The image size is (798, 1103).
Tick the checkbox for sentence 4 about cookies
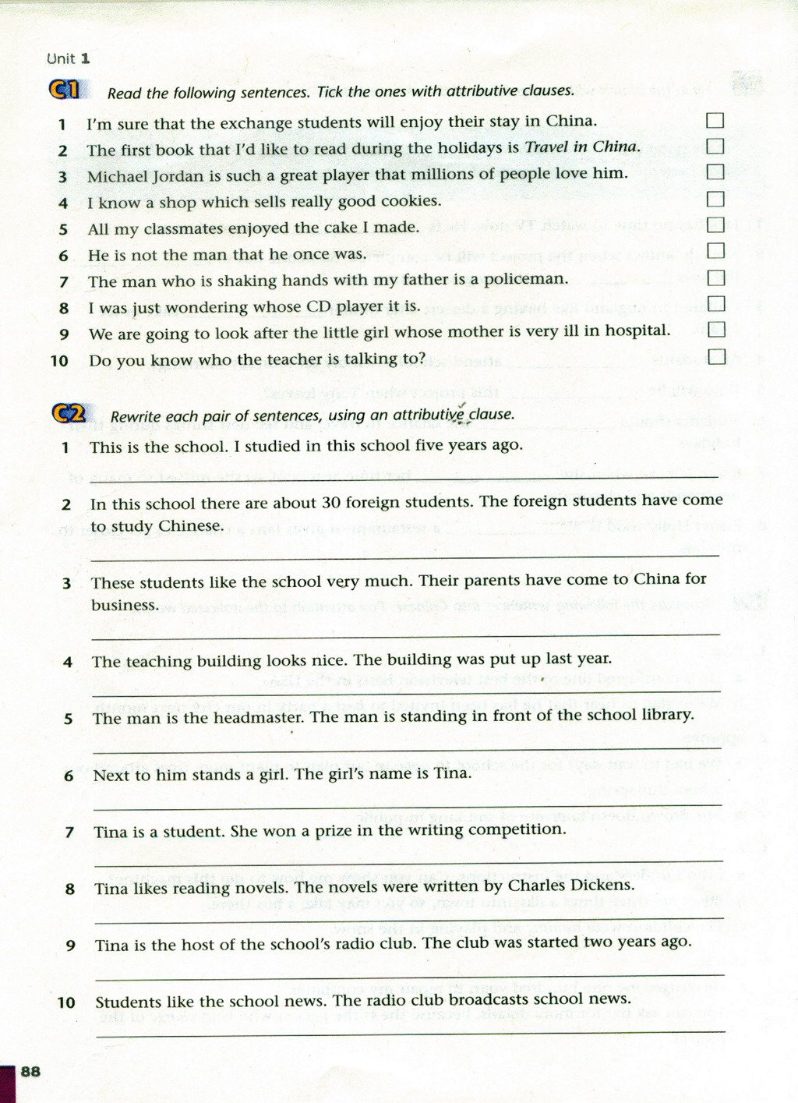[x=715, y=199]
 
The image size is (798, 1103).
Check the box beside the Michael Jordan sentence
[x=715, y=172]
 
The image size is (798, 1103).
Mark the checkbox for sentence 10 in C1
[x=716, y=357]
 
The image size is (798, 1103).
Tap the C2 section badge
[x=70, y=413]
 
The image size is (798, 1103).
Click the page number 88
[x=30, y=1071]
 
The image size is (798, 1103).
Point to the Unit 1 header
[x=69, y=58]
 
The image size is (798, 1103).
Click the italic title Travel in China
[x=582, y=147]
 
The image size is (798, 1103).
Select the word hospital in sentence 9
[x=637, y=331]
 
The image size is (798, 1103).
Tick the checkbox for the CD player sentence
[x=715, y=304]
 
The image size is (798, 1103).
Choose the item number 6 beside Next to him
[x=69, y=776]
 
